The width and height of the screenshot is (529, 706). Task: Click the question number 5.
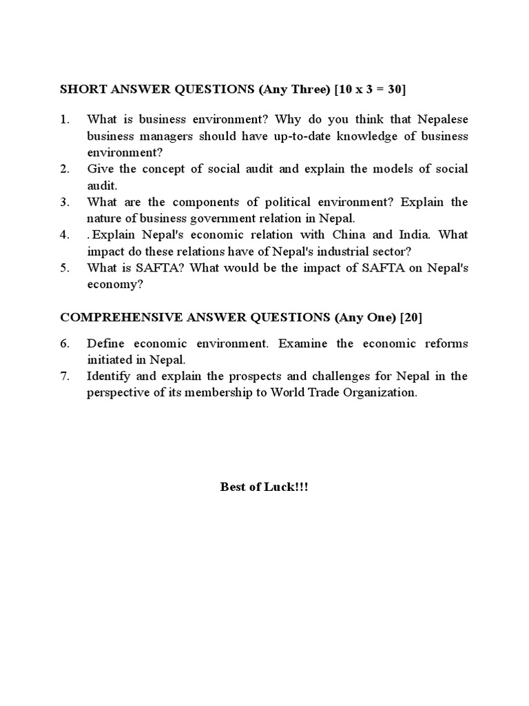pyautogui.click(x=65, y=268)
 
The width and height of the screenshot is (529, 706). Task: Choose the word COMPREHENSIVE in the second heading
pyautogui.click(x=116, y=317)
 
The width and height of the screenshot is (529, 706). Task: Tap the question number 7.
pyautogui.click(x=65, y=376)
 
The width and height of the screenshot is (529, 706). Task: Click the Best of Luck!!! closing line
pyautogui.click(x=264, y=487)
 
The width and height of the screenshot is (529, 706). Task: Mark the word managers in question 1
pyautogui.click(x=163, y=136)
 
